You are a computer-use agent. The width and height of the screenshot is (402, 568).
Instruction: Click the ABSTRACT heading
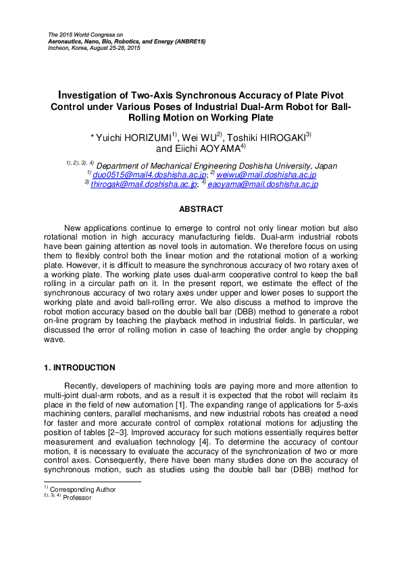coord(201,210)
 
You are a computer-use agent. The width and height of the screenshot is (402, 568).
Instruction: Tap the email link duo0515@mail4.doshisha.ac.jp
coord(133,173)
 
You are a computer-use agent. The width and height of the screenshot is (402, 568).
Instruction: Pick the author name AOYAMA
coord(209,148)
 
